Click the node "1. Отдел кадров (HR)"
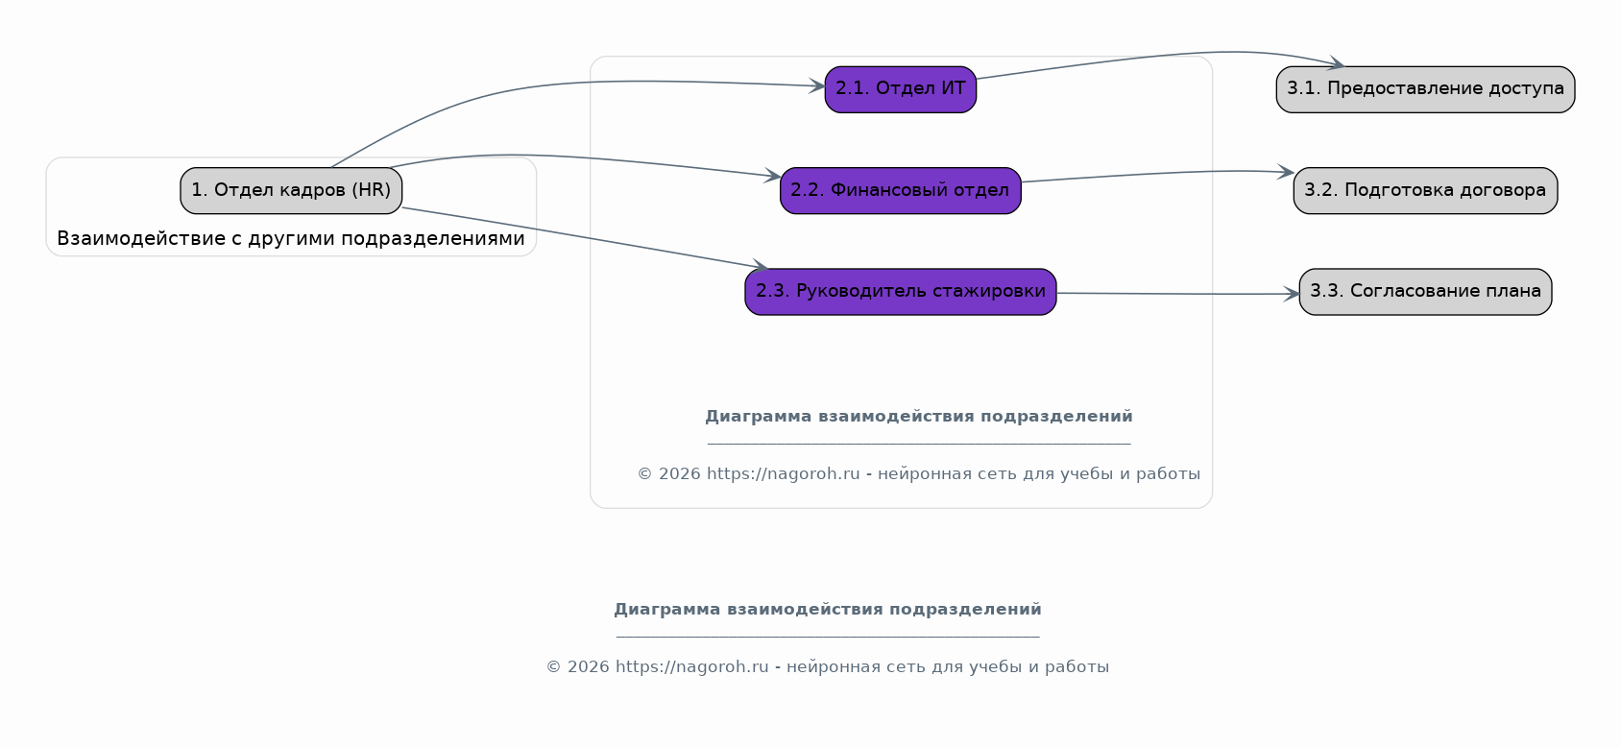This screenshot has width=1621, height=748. click(291, 191)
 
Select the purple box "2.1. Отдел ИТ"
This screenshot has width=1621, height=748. click(900, 89)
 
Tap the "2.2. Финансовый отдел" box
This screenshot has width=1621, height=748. click(900, 191)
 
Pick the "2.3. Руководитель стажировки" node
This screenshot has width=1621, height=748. click(900, 292)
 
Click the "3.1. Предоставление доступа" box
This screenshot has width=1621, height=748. click(1426, 89)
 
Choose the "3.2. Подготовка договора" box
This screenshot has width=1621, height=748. click(1426, 191)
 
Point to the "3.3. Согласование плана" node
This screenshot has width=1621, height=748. click(1426, 292)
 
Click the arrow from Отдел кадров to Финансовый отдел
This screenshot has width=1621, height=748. click(579, 157)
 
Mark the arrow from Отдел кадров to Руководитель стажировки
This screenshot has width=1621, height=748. click(585, 238)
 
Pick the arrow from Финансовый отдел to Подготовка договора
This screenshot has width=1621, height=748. click(1158, 174)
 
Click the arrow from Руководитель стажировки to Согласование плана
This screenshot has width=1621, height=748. click(1178, 294)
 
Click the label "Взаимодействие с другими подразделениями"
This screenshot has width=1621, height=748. click(291, 239)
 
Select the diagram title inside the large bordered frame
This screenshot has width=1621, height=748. click(919, 417)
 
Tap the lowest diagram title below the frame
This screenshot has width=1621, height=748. click(828, 610)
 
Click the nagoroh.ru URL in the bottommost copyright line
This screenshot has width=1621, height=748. click(691, 667)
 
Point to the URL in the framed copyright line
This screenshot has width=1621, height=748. click(783, 473)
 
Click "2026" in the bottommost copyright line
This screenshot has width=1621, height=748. click(589, 667)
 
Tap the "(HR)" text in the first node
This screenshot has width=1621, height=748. click(372, 190)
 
